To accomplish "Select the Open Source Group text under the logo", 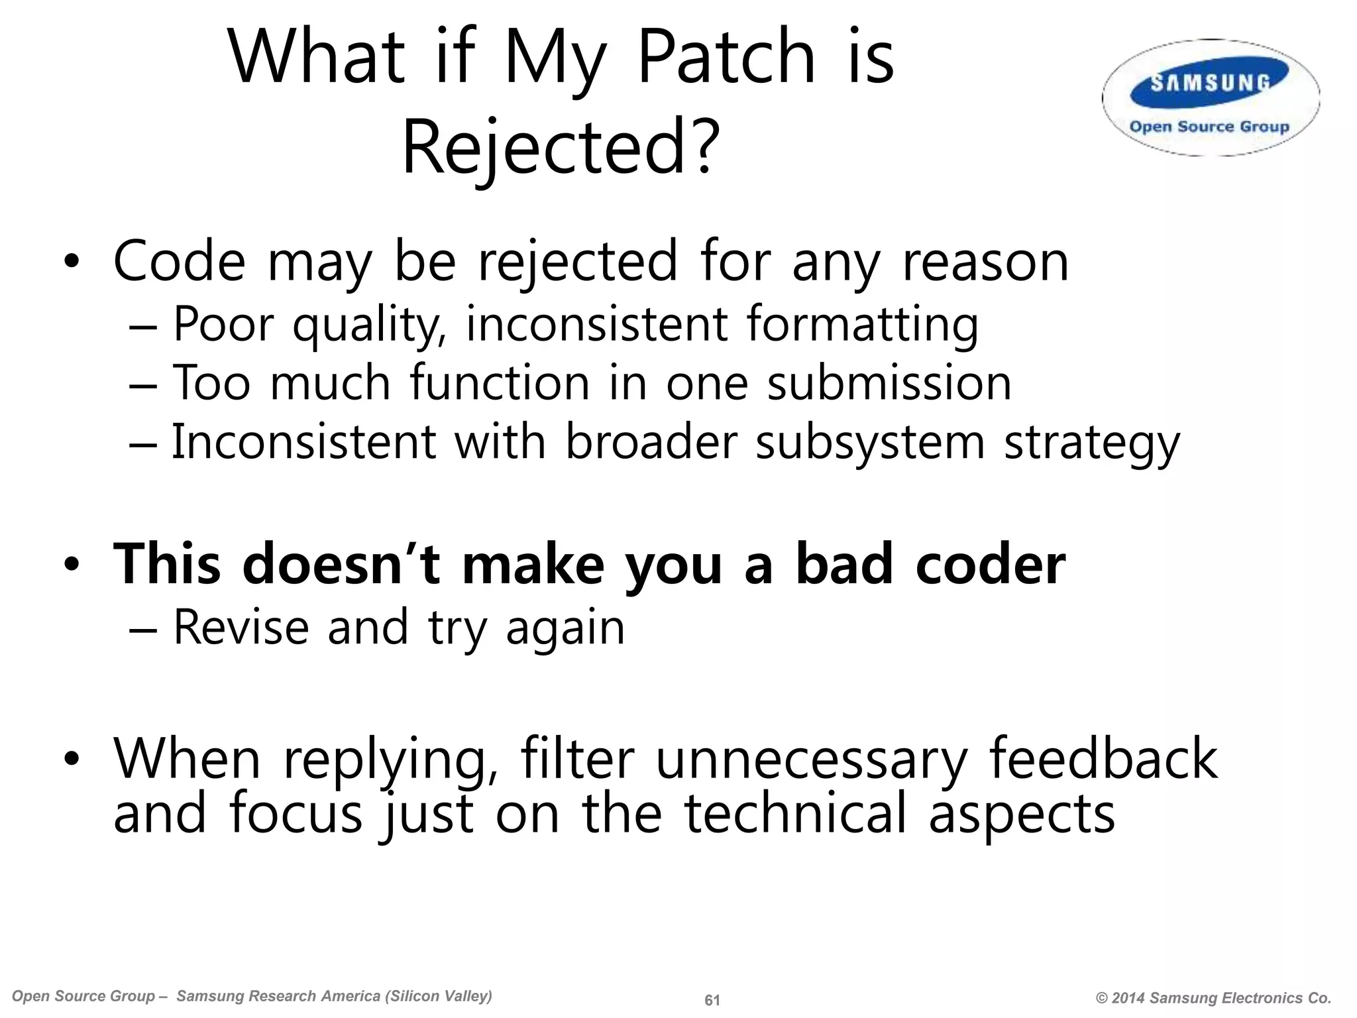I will pos(1209,127).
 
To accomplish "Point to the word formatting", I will pos(862,325).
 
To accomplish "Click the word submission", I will pos(889,384).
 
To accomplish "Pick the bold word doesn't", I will pos(342,565).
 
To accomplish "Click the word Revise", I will pos(241,627).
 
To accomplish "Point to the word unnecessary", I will pos(811,759).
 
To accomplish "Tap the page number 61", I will pos(712,1000).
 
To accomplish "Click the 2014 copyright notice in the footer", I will pos(1213,998).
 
